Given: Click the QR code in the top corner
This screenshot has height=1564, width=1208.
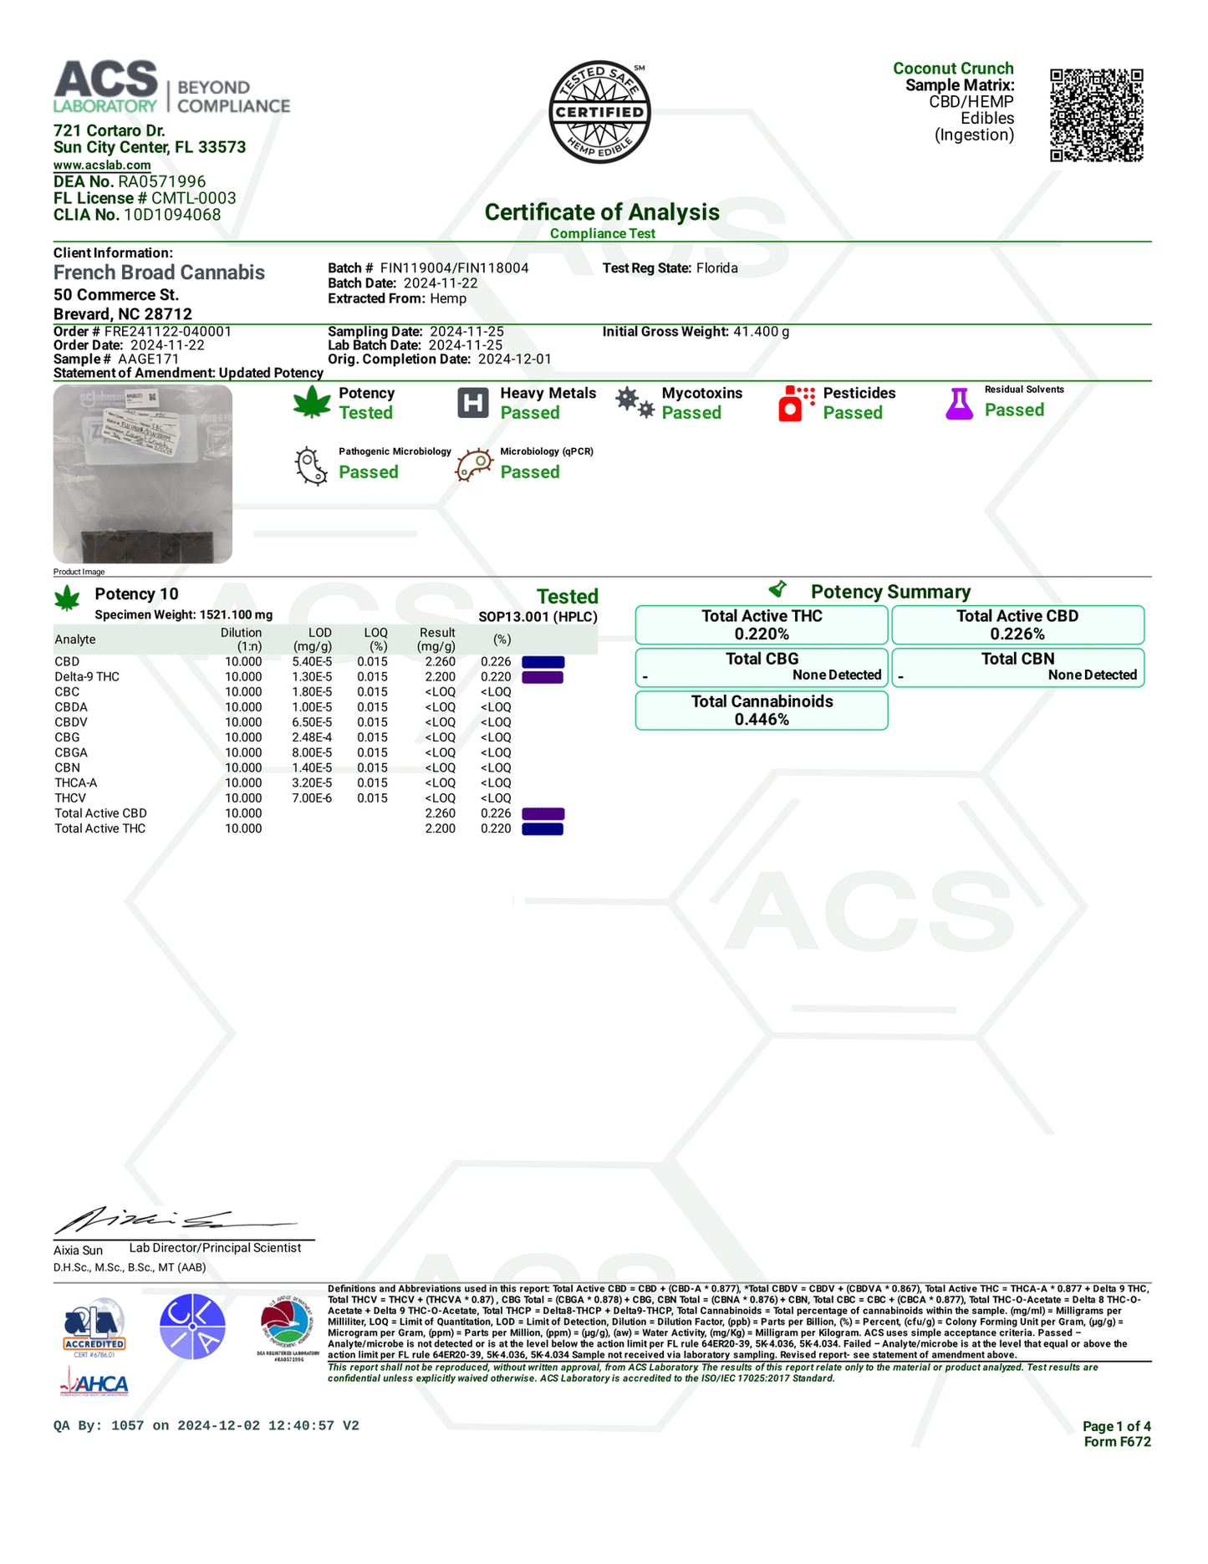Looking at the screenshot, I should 1096,115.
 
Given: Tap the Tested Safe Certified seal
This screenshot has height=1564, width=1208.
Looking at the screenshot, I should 599,112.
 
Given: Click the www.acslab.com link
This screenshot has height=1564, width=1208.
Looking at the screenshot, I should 102,166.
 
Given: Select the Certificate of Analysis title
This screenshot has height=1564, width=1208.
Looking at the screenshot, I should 602,212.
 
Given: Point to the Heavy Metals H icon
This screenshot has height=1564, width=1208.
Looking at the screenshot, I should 473,403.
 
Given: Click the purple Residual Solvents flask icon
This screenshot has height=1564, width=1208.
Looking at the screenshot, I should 959,404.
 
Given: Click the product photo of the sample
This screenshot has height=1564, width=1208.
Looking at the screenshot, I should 143,474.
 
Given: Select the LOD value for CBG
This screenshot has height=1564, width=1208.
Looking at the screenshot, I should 313,737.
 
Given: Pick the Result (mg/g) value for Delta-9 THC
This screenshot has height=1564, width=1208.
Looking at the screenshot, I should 440,677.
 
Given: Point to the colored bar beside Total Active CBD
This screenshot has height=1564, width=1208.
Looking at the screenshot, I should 543,814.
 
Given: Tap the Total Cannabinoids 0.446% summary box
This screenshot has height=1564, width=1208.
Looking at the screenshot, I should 762,711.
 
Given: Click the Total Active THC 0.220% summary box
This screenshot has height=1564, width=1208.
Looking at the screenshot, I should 762,625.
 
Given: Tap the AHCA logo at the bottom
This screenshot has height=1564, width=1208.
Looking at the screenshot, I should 94,1384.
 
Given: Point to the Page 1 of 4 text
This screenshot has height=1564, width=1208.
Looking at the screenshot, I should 1116,1426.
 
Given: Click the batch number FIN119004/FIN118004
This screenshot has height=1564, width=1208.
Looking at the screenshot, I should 454,268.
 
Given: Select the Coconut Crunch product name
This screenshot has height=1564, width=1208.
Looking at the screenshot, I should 953,69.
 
